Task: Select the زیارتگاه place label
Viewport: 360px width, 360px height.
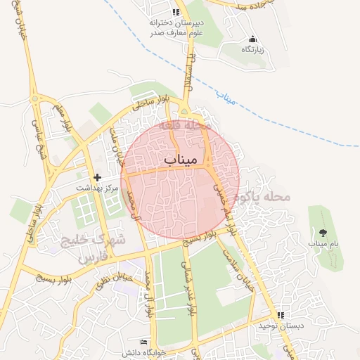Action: point(252,50)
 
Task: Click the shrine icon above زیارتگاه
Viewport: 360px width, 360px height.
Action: point(252,39)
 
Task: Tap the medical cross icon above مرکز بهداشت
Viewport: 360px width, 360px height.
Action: point(97,176)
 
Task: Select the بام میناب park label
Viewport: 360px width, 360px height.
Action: point(323,243)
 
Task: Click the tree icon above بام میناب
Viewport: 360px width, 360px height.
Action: point(323,232)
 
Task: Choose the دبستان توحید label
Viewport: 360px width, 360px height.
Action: point(279,326)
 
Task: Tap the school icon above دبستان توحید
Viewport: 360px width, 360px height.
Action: point(281,316)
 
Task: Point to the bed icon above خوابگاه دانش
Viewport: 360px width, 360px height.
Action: point(144,342)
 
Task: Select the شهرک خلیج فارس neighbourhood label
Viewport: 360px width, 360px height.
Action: point(96,248)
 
